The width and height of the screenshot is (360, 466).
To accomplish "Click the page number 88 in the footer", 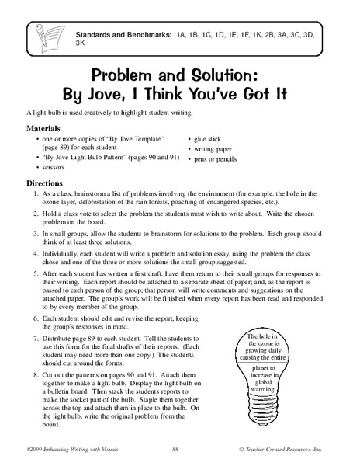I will [x=176, y=450].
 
